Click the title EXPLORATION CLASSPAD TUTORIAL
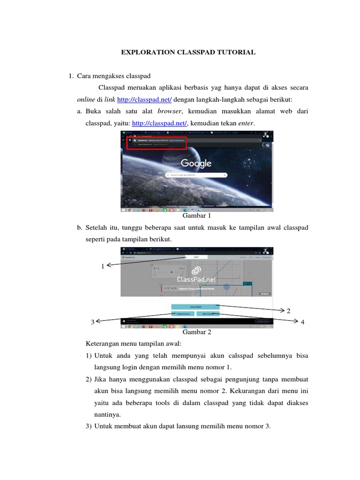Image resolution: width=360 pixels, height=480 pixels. [x=188, y=52]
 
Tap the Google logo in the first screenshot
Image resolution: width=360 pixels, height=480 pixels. [x=196, y=163]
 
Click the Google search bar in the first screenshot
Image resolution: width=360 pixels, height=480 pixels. [x=196, y=175]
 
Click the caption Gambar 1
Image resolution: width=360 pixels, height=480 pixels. [x=196, y=216]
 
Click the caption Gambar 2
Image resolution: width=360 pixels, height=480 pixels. [x=197, y=332]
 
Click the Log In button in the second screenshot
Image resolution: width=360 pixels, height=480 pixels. [x=196, y=257]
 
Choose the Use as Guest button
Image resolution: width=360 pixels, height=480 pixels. [x=195, y=307]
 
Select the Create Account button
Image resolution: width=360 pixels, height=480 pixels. [x=182, y=313]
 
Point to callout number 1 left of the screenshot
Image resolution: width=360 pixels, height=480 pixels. [x=103, y=266]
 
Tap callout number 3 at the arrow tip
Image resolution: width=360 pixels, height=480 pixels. [x=93, y=322]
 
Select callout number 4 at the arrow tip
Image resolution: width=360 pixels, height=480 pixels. [x=302, y=322]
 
